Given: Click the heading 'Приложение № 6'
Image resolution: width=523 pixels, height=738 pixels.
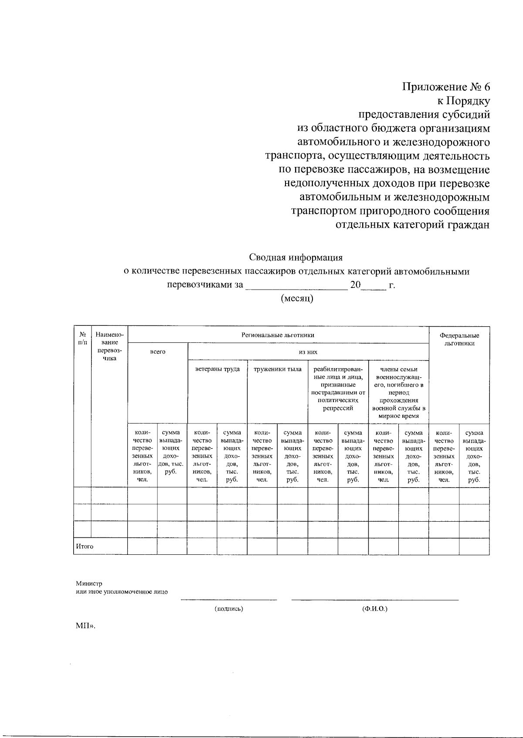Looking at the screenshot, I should (446, 87).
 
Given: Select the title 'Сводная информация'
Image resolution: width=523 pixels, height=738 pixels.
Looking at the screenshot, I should (295, 257).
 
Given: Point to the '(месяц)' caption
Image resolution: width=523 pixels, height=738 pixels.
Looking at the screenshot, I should (297, 298).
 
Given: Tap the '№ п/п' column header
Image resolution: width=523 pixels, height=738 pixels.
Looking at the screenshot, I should (82, 338).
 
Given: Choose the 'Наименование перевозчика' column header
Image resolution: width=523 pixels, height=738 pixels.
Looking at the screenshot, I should (109, 346).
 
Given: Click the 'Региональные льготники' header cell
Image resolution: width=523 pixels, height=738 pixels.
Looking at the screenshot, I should (278, 335).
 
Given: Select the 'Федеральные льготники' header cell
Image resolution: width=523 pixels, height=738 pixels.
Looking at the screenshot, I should (459, 339).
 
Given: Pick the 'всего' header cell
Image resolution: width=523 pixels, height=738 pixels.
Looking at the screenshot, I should (158, 352).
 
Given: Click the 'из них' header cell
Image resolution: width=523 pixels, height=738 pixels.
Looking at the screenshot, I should (308, 352).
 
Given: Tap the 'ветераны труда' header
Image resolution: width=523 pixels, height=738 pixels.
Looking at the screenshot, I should (217, 369).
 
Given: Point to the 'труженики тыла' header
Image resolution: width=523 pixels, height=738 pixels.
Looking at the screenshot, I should (278, 369).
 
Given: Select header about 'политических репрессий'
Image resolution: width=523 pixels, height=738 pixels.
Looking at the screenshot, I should (338, 389).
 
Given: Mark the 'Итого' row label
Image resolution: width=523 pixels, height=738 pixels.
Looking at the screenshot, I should (85, 546).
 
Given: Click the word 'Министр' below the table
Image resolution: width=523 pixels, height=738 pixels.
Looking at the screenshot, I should (89, 583).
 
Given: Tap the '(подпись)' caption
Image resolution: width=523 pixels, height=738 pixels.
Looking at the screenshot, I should (229, 608).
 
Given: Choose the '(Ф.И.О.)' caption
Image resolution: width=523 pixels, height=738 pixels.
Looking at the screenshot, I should (374, 608).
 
